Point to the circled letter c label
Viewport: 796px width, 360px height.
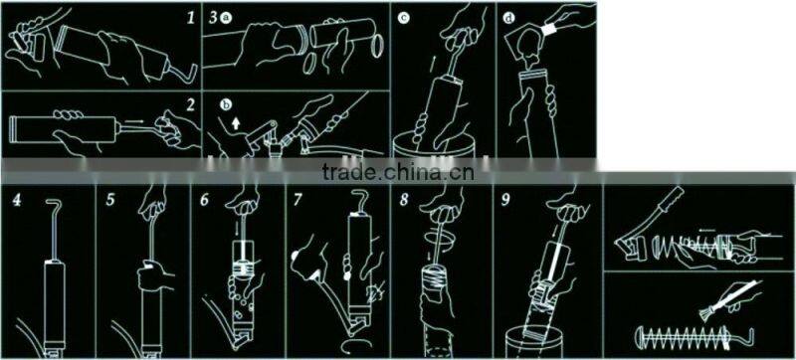coord(402,17)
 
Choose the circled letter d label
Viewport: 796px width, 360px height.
coord(508,17)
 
